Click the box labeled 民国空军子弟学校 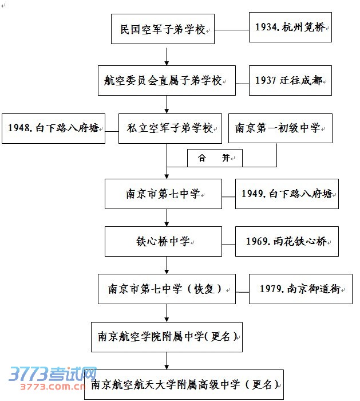tap(163, 29)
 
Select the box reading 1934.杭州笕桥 tap(291, 27)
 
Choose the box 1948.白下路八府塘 tap(53, 128)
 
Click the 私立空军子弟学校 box tap(170, 128)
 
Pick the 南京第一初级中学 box tap(280, 128)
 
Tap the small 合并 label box tap(215, 158)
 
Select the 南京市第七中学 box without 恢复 tap(163, 194)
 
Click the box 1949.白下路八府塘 tap(287, 194)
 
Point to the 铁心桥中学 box tap(163, 241)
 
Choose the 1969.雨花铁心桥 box tap(287, 241)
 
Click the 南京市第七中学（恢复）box tap(167, 289)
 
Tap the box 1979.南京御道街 tap(300, 289)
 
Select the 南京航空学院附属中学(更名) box tap(167, 336)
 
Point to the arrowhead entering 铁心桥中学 tap(167, 223)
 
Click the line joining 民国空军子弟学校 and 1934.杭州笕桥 tap(231, 29)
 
